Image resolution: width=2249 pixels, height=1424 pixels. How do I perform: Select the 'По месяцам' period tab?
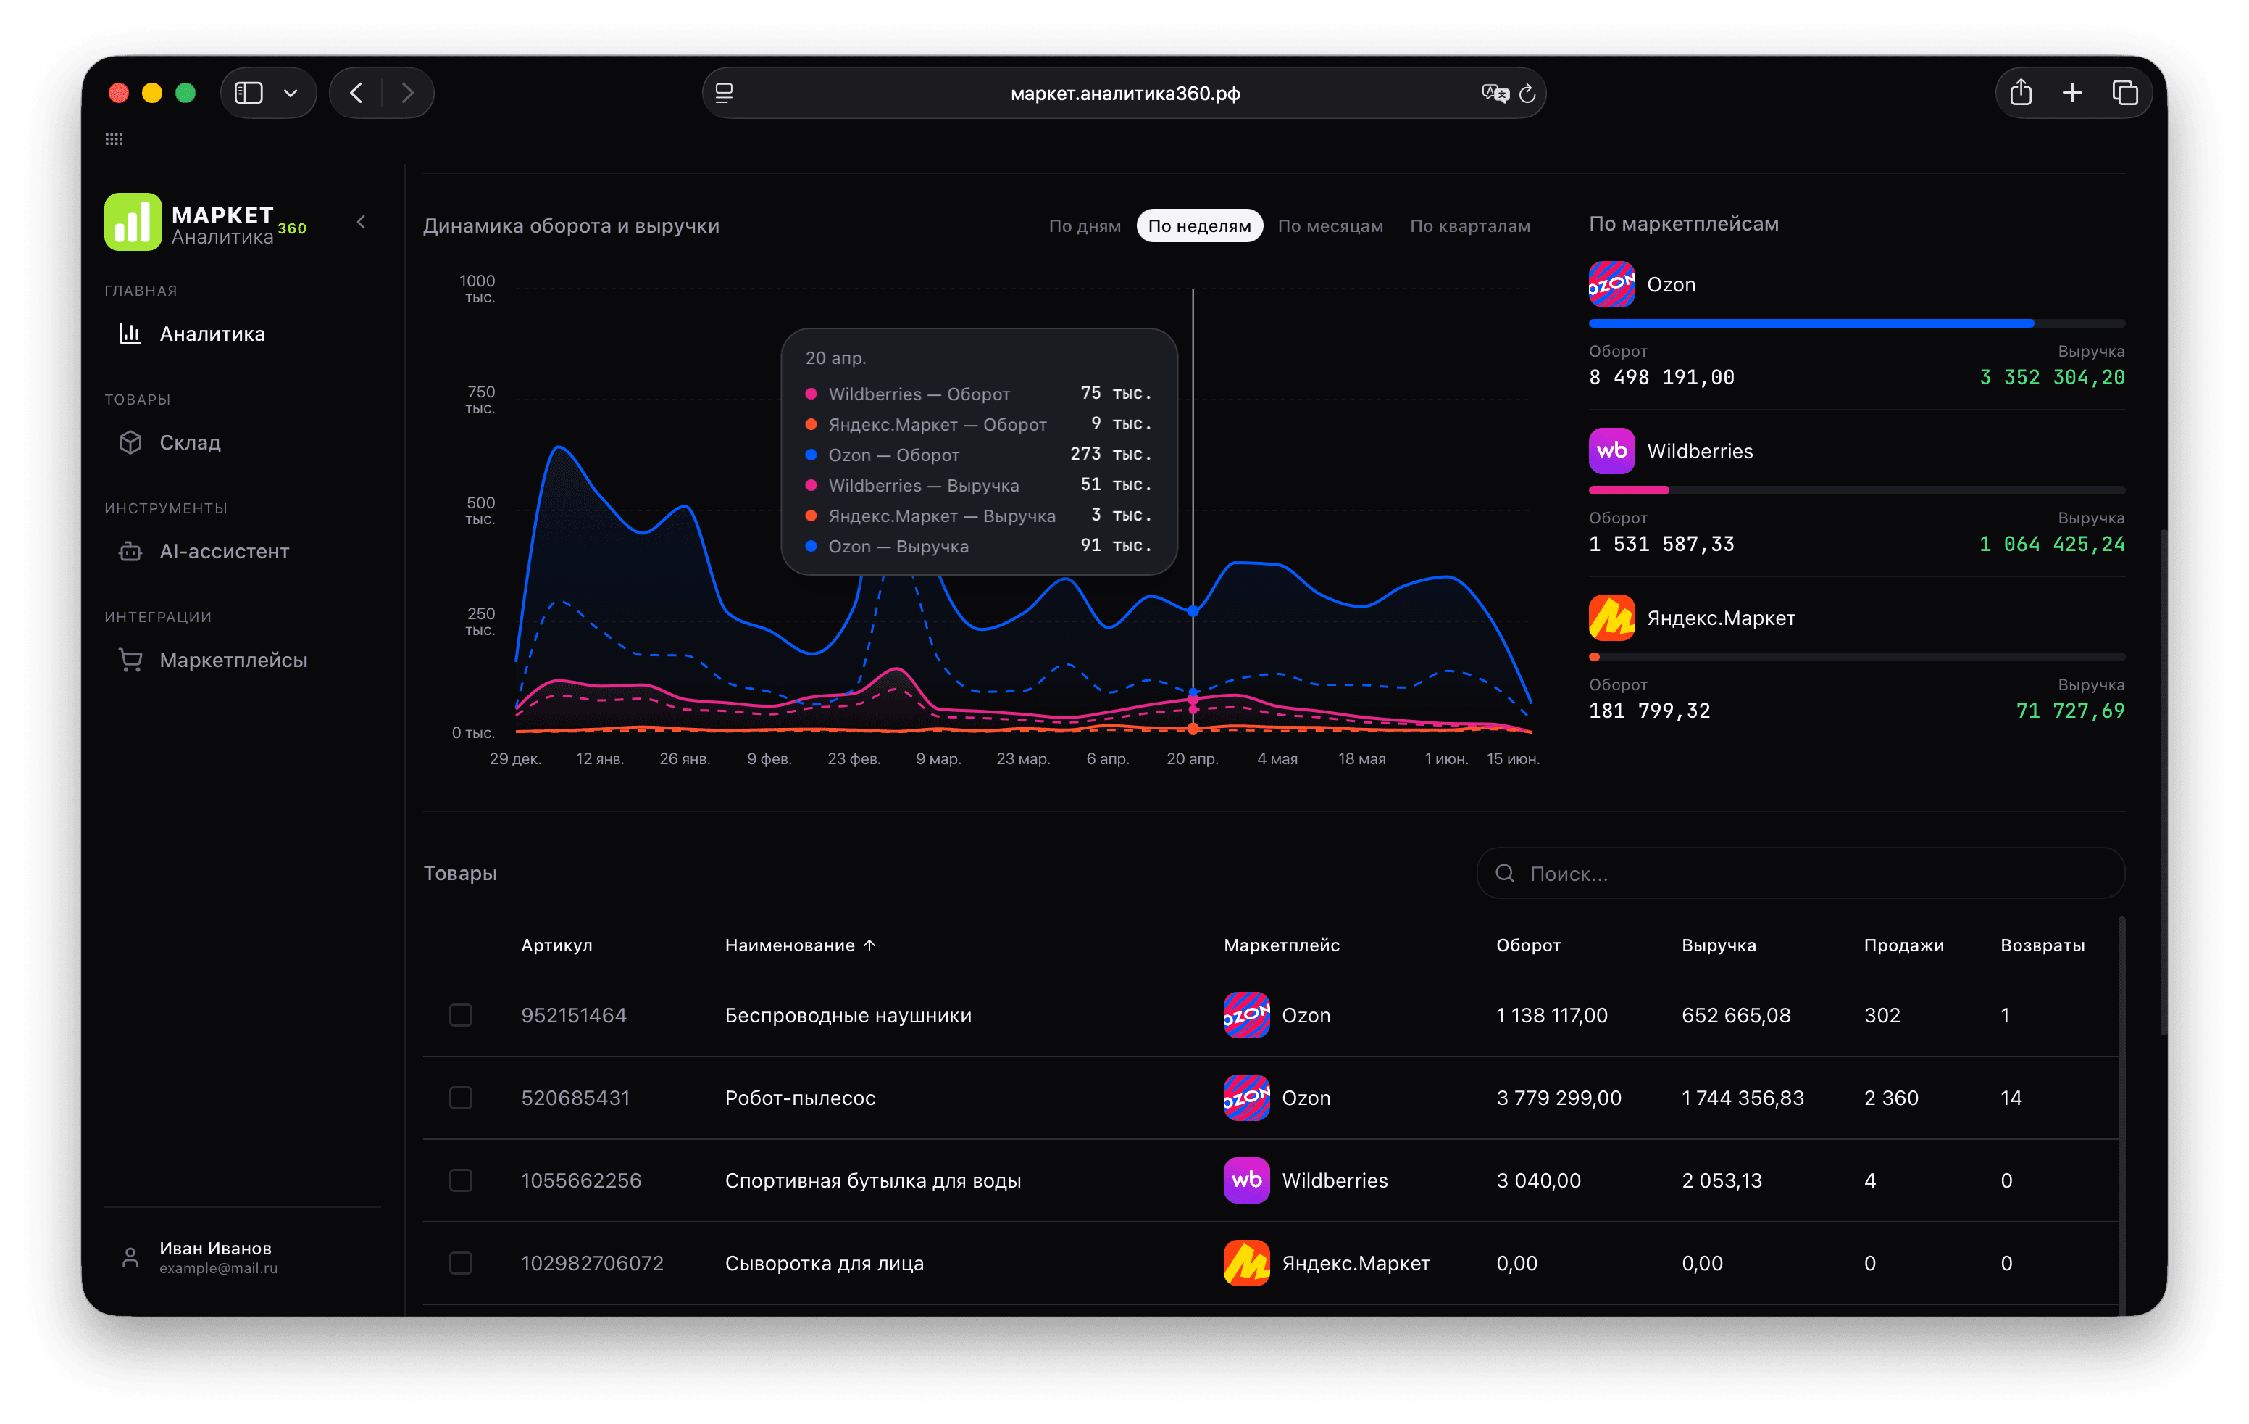1330,226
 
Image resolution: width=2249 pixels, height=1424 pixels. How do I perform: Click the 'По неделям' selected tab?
1199,226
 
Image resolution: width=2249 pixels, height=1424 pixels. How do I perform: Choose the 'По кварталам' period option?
1470,226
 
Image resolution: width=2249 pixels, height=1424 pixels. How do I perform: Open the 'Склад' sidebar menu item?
190,443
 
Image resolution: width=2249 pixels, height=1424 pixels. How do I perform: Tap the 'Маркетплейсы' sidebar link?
233,660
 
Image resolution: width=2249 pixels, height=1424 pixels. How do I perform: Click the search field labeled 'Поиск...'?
1800,874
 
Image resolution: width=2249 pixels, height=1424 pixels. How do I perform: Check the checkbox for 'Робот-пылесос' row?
460,1098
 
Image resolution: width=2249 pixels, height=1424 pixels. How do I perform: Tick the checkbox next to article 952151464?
460,1016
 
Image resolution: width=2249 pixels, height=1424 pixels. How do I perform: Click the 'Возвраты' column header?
2042,945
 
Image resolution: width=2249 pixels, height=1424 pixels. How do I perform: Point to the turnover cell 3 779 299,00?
1559,1098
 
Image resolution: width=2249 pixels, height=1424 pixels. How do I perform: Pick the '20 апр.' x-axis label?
1192,758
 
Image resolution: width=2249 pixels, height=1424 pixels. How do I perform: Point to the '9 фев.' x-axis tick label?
769,758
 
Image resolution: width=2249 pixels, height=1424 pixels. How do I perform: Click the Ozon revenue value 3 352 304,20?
2052,378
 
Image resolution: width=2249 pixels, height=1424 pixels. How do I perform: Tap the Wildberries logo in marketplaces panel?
1611,451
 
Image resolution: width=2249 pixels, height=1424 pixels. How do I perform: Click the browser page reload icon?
1527,94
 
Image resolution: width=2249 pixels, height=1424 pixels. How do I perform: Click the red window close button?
119,93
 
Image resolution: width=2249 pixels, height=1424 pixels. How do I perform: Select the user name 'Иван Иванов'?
216,1249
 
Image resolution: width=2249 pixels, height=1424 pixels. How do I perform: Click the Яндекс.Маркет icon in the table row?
1246,1263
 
